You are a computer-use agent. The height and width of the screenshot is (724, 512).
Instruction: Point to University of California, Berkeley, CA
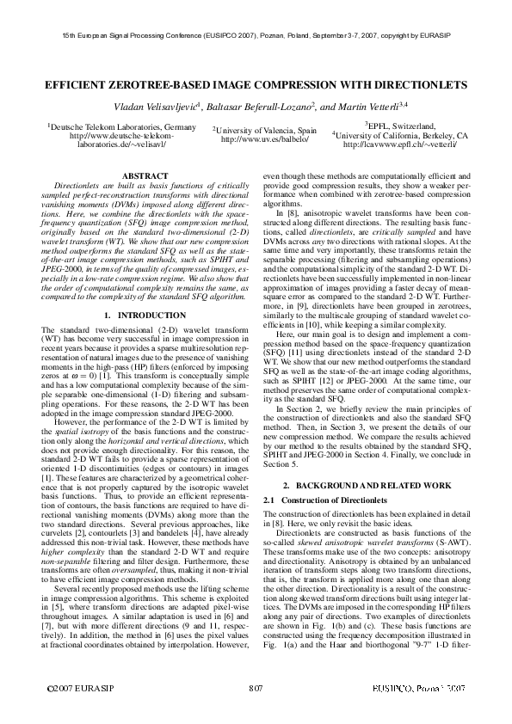point(400,136)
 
